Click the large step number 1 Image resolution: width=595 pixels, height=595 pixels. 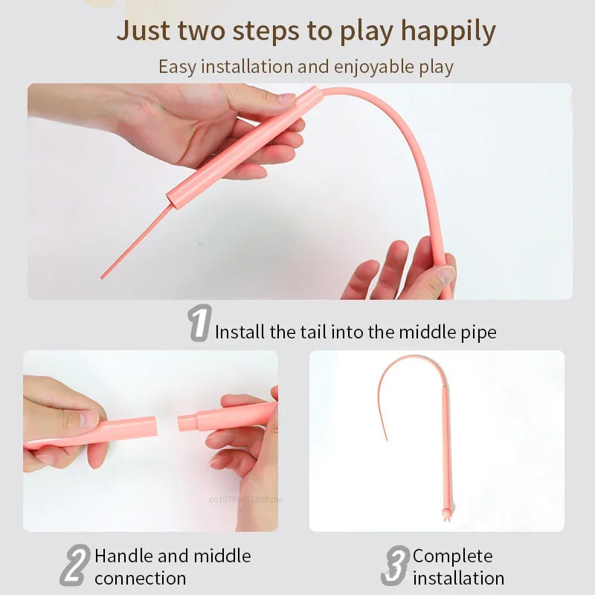199,323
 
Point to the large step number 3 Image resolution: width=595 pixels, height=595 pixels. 396,567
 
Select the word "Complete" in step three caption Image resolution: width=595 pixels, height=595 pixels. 452,556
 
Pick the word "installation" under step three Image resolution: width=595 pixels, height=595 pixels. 458,578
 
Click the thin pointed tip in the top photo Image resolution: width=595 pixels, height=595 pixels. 104,275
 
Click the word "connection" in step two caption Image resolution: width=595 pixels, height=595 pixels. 140,578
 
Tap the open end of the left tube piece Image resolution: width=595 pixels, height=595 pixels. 154,427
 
